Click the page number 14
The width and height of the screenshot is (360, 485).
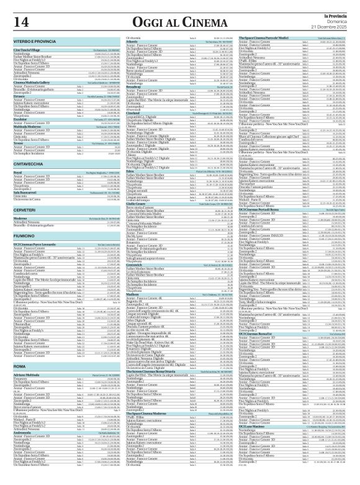(18, 22)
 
